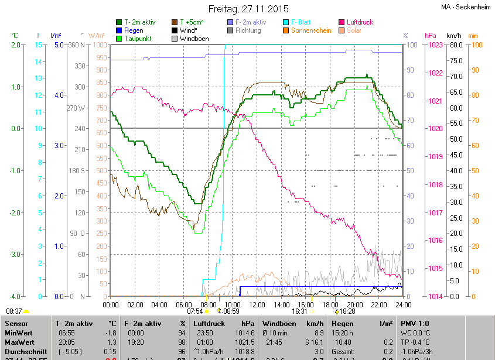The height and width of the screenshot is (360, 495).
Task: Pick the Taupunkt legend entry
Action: tap(138, 39)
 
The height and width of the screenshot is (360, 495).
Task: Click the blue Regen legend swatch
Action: tap(119, 30)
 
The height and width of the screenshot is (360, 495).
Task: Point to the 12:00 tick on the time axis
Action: tap(257, 305)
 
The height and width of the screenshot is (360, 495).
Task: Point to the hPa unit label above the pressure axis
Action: tap(430, 36)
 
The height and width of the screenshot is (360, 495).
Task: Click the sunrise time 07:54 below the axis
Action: tap(195, 311)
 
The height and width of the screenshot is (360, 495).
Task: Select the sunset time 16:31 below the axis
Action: tap(299, 311)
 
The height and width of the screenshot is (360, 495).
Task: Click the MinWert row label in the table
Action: tap(20, 332)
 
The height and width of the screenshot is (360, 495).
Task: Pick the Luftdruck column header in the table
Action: tap(210, 323)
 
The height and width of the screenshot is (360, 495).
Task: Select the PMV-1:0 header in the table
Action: tap(415, 323)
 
